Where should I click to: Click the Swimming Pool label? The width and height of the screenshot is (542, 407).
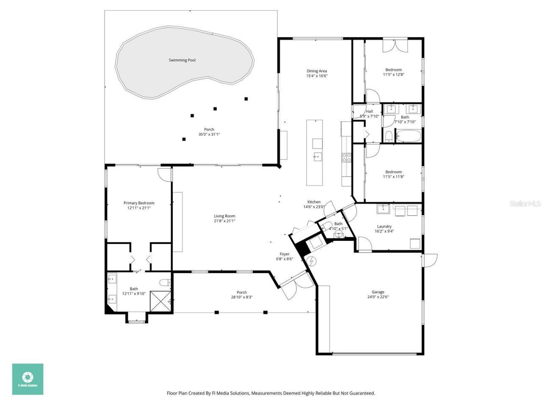tap(182, 60)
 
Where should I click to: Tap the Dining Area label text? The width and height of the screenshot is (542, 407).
tap(317, 71)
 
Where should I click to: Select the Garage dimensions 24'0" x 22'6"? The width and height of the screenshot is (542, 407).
tap(378, 297)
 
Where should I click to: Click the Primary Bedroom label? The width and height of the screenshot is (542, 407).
tap(139, 203)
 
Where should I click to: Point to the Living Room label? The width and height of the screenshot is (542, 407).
tap(224, 216)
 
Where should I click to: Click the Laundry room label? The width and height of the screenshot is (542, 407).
tap(384, 226)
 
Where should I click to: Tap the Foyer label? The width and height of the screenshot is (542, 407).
tap(285, 254)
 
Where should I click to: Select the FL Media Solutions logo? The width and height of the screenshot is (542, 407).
tap(28, 379)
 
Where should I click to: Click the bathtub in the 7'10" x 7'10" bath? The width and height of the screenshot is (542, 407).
tap(408, 137)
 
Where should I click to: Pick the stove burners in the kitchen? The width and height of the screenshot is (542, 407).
tap(346, 158)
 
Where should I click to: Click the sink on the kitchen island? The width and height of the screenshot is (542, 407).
tap(317, 156)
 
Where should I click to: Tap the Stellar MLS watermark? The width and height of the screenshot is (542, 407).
tap(525, 204)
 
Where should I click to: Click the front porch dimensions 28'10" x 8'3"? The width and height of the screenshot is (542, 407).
tap(241, 297)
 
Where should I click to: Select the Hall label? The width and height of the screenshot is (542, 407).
tap(369, 112)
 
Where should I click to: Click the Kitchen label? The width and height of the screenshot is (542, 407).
tap(314, 202)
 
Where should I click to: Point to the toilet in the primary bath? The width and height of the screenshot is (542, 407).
tap(165, 283)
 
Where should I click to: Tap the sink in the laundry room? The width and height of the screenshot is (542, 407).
tap(383, 209)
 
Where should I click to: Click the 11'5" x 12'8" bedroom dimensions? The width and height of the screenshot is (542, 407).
tap(393, 75)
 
